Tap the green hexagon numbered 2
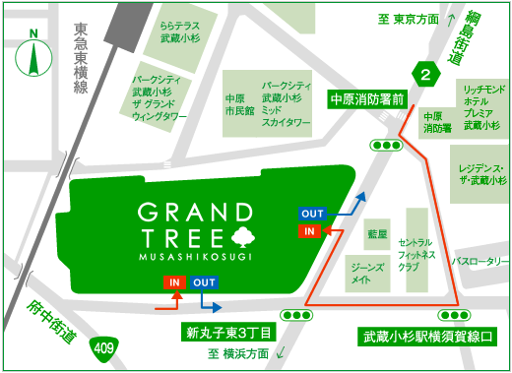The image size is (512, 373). tap(425, 73)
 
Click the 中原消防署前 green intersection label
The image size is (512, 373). tap(368, 99)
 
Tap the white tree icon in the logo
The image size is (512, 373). tap(240, 236)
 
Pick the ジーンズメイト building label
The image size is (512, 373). tap(359, 274)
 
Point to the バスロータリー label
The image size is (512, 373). tap(479, 263)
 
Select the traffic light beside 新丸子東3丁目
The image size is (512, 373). tap(294, 315)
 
